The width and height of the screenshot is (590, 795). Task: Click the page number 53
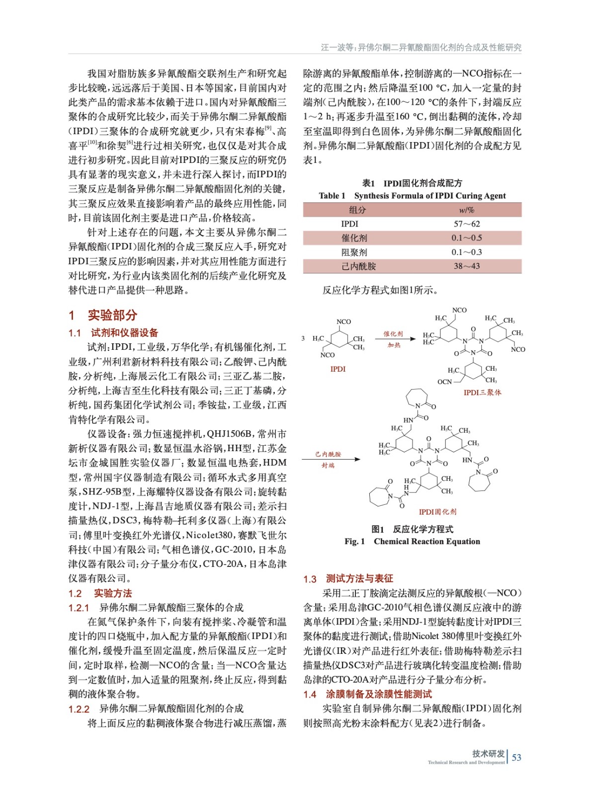tap(516, 757)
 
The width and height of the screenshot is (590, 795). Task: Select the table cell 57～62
tap(467, 224)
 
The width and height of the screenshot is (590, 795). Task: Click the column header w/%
tap(467, 210)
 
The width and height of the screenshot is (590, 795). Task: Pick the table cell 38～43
tap(467, 266)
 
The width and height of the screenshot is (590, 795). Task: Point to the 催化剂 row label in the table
tap(354, 238)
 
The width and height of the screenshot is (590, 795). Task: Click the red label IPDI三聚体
tap(482, 393)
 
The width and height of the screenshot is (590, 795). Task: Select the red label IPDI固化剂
tap(437, 512)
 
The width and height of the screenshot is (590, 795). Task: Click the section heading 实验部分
tap(112, 315)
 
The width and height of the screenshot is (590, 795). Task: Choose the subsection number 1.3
tap(310, 579)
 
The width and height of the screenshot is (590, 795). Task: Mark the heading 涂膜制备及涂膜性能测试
tap(379, 694)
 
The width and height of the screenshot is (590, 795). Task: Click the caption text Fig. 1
tap(354, 542)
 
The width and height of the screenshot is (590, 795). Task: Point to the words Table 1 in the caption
tap(332, 196)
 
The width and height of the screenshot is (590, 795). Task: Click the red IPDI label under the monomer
tap(338, 369)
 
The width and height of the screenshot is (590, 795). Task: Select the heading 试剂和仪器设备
tap(124, 333)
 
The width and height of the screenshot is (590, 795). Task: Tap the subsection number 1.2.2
tap(79, 709)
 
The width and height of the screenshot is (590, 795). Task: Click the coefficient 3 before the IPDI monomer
tap(303, 338)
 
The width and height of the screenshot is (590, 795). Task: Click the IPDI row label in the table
tap(349, 224)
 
